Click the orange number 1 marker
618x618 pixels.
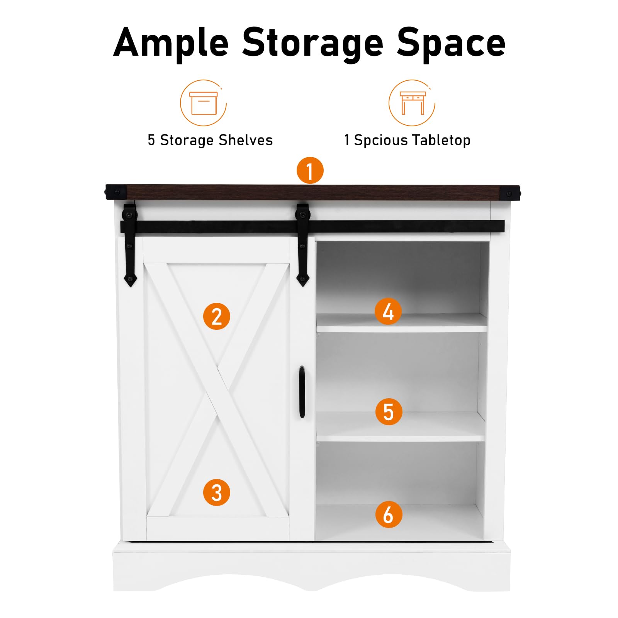[x=310, y=170]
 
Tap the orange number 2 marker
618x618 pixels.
[x=217, y=316]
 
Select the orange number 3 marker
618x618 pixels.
[x=217, y=492]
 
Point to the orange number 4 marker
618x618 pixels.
[x=388, y=311]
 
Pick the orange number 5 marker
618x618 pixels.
[x=389, y=412]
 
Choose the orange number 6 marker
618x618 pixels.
[x=389, y=514]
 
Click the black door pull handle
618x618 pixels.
[x=302, y=392]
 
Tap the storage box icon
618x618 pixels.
[x=204, y=103]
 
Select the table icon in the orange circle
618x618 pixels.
[x=413, y=103]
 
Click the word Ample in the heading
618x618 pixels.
[x=171, y=43]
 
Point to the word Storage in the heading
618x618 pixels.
[x=313, y=43]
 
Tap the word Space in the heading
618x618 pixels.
[x=451, y=43]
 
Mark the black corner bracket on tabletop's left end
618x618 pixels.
[x=115, y=192]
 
